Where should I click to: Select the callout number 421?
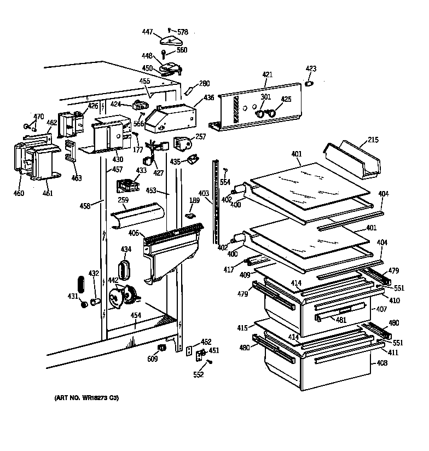click(x=267, y=75)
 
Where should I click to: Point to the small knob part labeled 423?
click(x=309, y=83)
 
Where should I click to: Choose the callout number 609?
click(x=153, y=359)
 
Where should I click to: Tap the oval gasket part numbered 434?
click(x=125, y=270)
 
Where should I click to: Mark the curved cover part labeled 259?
click(x=136, y=217)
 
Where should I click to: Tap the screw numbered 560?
click(x=164, y=54)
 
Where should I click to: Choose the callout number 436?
click(x=208, y=98)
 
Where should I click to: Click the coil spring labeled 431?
click(x=81, y=285)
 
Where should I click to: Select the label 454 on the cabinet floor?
click(x=136, y=315)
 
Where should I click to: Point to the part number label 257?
click(x=200, y=137)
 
